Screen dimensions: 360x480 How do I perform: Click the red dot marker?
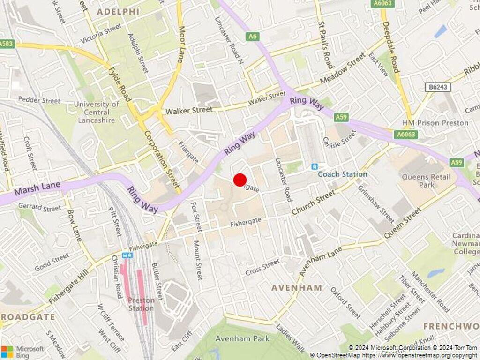(x=240, y=180)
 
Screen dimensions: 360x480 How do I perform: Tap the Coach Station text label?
(x=342, y=174)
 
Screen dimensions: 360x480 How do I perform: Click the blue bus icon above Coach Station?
(x=315, y=166)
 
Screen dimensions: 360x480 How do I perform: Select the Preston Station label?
(x=141, y=304)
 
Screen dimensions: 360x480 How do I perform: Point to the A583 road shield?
(x=7, y=44)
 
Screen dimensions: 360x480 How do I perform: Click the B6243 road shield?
(x=436, y=87)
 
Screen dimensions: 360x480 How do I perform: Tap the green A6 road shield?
(x=253, y=37)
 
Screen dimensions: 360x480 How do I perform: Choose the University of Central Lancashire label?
(x=97, y=112)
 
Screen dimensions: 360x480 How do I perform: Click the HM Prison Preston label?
(x=435, y=123)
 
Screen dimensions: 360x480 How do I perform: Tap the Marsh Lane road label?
(x=37, y=188)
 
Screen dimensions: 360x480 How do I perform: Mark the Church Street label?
(x=313, y=202)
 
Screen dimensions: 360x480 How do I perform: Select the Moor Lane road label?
(x=181, y=44)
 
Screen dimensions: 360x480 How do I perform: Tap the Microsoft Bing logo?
(x=22, y=352)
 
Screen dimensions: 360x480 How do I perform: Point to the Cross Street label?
(x=262, y=268)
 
